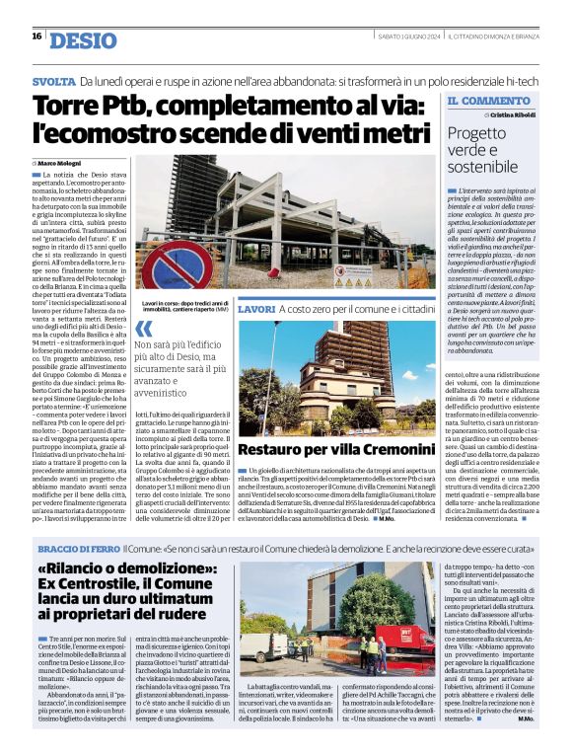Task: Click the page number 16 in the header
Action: [36, 36]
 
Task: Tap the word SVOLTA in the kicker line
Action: [54, 79]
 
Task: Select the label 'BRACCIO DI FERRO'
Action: [80, 548]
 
